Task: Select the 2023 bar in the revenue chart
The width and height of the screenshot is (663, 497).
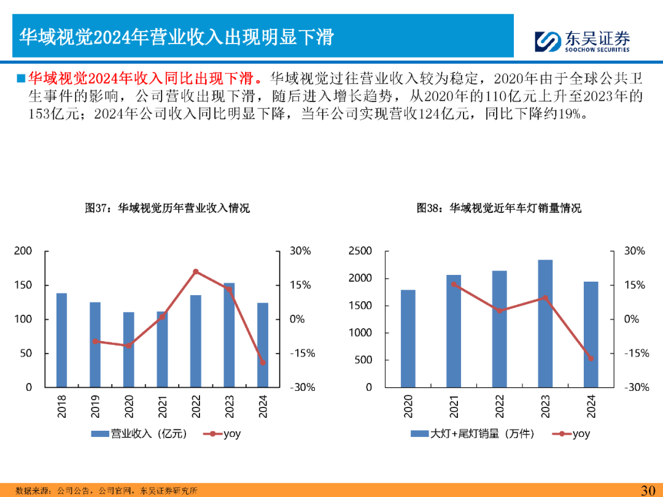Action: pyautogui.click(x=229, y=334)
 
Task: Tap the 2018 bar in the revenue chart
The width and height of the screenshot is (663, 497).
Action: pyautogui.click(x=61, y=340)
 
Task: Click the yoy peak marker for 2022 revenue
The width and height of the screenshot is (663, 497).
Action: pyautogui.click(x=196, y=271)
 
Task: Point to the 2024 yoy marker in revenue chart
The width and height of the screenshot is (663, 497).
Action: pyautogui.click(x=262, y=362)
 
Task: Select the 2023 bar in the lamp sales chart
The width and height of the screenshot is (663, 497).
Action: pyautogui.click(x=545, y=323)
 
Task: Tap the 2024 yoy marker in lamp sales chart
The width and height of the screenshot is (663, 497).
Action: pyautogui.click(x=591, y=358)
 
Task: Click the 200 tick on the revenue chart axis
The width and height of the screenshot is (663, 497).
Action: pyautogui.click(x=24, y=251)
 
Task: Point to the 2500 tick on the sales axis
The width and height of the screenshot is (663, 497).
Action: pyautogui.click(x=360, y=251)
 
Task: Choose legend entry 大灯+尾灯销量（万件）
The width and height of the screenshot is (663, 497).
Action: pyautogui.click(x=473, y=434)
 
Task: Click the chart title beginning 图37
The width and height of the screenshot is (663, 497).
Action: pyautogui.click(x=167, y=208)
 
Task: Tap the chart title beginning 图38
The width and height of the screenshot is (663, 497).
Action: pyautogui.click(x=498, y=208)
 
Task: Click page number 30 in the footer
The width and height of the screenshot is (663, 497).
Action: pyautogui.click(x=648, y=490)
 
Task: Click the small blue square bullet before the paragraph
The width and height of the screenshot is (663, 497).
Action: pyautogui.click(x=20, y=78)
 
